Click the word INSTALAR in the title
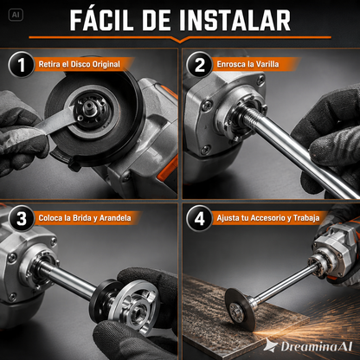pyautogui.click(x=235, y=20)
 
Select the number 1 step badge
pyautogui.click(x=21, y=64)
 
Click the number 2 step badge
pyautogui.click(x=199, y=64)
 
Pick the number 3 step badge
pyautogui.click(x=21, y=218)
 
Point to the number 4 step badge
pyautogui.click(x=199, y=218)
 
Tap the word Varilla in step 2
pyautogui.click(x=267, y=64)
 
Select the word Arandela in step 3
pyautogui.click(x=115, y=218)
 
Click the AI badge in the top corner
pyautogui.click(x=16, y=15)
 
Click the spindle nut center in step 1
pyautogui.click(x=87, y=109)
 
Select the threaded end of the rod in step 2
pyautogui.click(x=248, y=116)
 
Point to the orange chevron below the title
pyautogui.click(x=180, y=39)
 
